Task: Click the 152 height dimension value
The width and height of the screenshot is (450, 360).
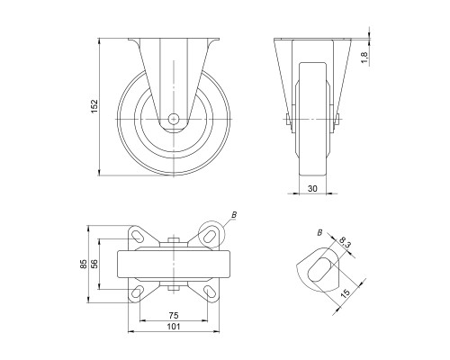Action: pos(93,105)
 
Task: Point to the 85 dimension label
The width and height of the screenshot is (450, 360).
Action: pos(84,265)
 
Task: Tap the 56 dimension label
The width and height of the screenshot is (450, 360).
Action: pos(97,265)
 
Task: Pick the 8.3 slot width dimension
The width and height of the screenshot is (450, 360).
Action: pos(346,243)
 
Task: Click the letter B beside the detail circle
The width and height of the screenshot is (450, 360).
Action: pos(233,214)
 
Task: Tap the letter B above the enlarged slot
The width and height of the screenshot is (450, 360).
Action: pos(319,234)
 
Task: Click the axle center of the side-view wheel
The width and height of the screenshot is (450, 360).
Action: pos(174,118)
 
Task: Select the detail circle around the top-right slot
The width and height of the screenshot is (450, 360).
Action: pos(211,232)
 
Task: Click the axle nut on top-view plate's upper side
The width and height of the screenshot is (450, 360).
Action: pos(173,239)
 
